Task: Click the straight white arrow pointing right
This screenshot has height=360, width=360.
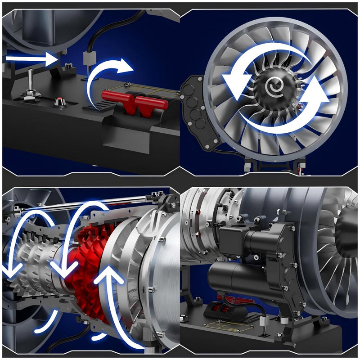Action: coord(31,58)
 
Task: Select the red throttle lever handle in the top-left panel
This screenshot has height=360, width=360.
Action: coord(135,100)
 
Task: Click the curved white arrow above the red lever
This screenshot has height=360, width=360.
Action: coord(108,76)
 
